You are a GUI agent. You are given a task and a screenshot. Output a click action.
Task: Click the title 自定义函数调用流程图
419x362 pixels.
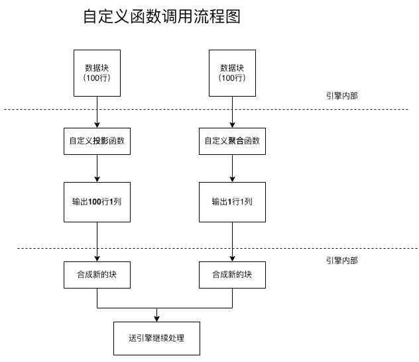161,17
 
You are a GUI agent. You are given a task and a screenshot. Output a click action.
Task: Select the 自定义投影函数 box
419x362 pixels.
97,141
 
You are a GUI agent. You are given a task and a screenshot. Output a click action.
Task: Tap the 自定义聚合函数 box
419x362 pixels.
232,141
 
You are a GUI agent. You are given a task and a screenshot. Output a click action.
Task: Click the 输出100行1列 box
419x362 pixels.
97,201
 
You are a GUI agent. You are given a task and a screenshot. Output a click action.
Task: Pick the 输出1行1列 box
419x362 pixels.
232,201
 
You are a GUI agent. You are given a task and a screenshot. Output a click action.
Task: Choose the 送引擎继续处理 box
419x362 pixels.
156,338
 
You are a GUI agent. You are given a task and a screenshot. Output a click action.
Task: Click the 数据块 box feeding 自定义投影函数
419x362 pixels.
97,73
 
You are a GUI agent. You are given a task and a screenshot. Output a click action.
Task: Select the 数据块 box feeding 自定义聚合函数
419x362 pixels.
232,73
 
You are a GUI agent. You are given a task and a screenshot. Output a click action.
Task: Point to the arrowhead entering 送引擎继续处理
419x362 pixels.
156,318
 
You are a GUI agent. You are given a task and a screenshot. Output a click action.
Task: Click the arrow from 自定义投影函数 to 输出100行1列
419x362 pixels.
97,168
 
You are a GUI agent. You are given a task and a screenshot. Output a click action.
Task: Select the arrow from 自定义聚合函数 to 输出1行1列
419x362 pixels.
232,168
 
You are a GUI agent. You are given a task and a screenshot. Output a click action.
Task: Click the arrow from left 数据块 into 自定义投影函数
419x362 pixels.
97,111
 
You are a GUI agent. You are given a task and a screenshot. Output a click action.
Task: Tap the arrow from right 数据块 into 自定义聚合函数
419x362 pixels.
232,111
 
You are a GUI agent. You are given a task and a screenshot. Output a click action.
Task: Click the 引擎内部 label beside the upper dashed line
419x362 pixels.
342,96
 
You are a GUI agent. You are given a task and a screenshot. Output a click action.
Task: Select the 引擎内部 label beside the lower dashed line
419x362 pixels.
342,261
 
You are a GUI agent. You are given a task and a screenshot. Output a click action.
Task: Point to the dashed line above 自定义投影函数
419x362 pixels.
40,109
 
